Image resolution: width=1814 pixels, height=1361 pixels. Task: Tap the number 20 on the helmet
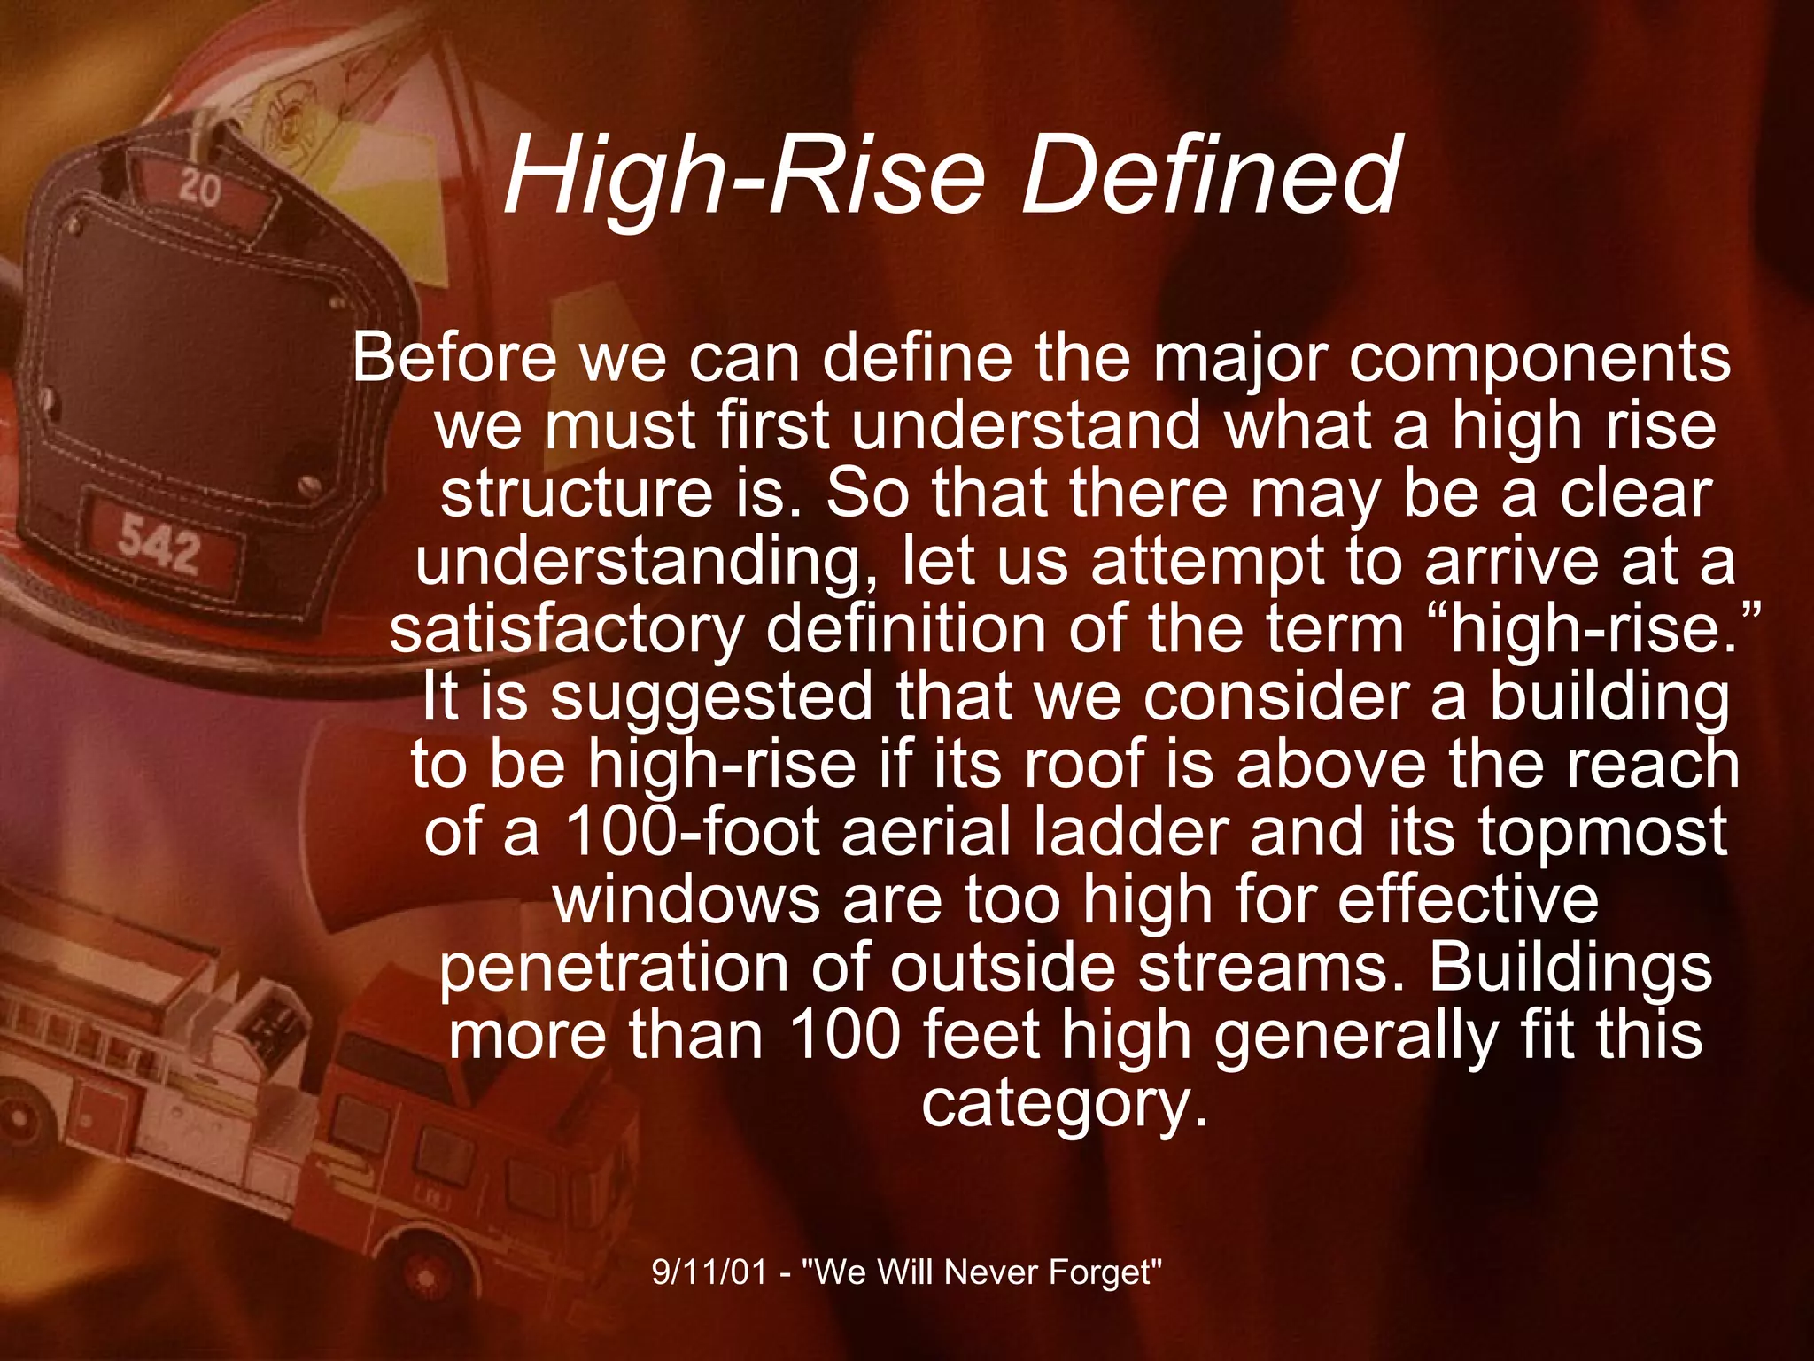199,189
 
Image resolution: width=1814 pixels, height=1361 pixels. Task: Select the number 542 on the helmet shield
160,542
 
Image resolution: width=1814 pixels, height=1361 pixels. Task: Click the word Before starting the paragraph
454,358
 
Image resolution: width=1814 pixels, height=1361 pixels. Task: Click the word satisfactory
567,631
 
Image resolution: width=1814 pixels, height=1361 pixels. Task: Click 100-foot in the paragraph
692,832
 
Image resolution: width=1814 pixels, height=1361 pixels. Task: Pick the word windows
686,900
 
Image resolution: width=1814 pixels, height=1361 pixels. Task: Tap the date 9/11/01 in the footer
709,1272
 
